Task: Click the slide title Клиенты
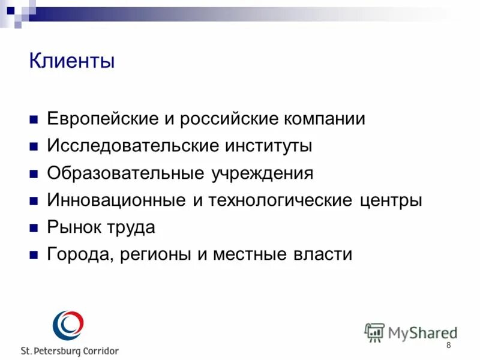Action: tap(71, 61)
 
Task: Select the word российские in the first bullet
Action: tap(221, 119)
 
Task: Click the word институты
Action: tap(267, 146)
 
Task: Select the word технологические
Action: tap(281, 200)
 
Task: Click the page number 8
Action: tap(448, 346)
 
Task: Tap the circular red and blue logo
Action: tap(68, 326)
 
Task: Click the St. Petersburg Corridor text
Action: tap(70, 351)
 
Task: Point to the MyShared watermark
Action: tap(411, 332)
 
